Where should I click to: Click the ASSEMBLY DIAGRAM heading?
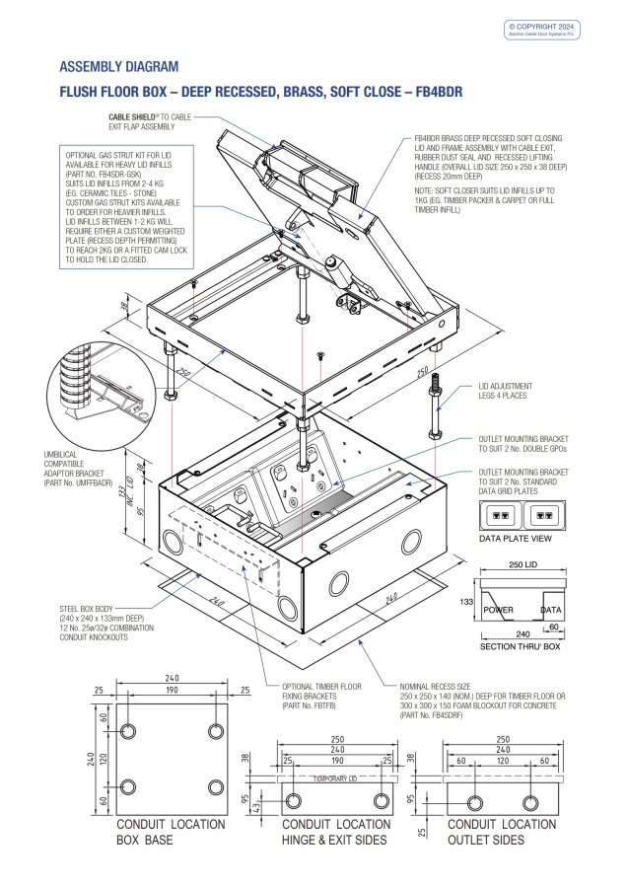(x=119, y=67)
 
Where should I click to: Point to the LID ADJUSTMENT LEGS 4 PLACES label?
(x=505, y=390)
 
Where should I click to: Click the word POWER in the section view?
(x=500, y=611)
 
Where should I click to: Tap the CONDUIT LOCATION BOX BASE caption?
(x=170, y=832)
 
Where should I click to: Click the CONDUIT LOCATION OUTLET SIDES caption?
(x=502, y=832)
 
